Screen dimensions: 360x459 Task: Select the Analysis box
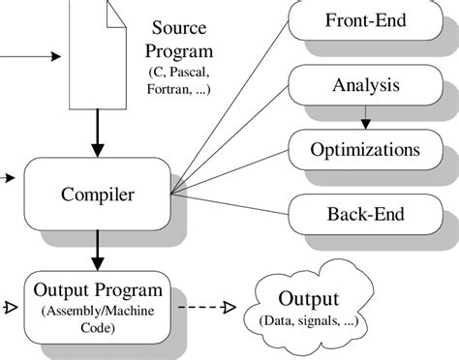point(365,85)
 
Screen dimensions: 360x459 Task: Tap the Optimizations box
point(365,150)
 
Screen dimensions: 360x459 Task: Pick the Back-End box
point(365,215)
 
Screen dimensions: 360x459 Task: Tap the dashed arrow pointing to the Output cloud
point(204,309)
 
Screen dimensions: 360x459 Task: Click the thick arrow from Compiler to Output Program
point(97,251)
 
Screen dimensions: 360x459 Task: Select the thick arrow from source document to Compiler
point(97,136)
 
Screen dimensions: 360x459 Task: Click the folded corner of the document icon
point(115,13)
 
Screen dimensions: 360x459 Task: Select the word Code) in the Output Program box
point(99,329)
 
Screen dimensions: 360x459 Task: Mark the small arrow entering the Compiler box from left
point(9,178)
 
